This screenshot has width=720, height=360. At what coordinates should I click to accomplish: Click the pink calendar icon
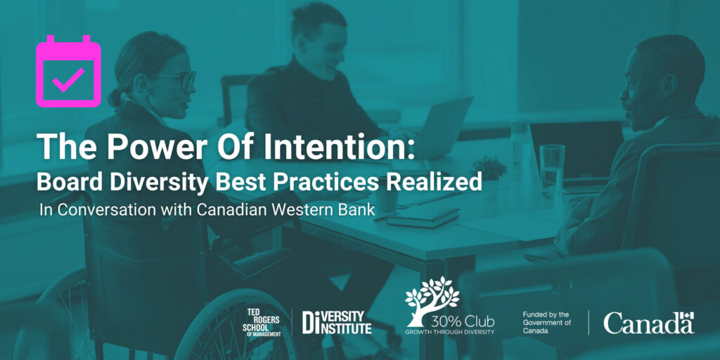(68, 71)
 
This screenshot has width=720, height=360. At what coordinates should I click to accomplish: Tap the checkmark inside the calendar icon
(68, 79)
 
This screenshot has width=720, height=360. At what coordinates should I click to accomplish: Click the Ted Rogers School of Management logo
(262, 322)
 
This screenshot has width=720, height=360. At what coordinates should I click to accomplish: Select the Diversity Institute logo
(337, 322)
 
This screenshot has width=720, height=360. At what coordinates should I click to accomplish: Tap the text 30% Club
(463, 321)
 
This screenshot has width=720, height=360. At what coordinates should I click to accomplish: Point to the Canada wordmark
(648, 323)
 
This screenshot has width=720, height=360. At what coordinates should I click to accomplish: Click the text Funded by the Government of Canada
(547, 323)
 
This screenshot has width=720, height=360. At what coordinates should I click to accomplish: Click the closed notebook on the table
(423, 217)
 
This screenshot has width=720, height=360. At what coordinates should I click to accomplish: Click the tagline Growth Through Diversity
(449, 332)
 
